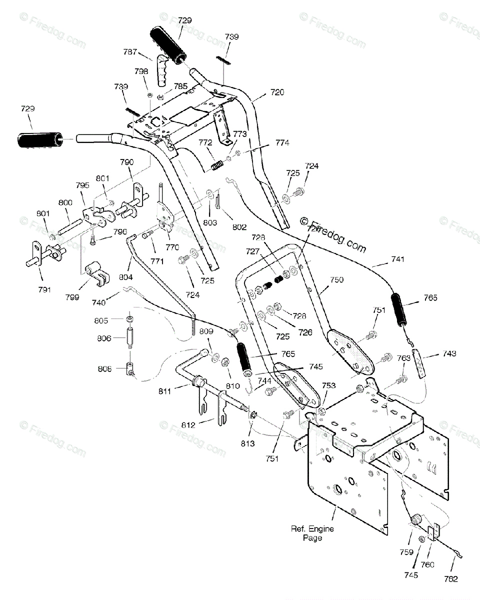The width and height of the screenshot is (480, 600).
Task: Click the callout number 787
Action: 130,51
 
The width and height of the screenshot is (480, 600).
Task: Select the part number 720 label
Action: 276,92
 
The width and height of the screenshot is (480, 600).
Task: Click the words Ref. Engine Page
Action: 313,533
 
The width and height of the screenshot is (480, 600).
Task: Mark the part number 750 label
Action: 337,280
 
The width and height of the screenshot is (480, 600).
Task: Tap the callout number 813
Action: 248,443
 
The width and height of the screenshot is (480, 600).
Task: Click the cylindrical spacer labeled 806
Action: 130,338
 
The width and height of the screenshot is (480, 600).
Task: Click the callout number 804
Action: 126,277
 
